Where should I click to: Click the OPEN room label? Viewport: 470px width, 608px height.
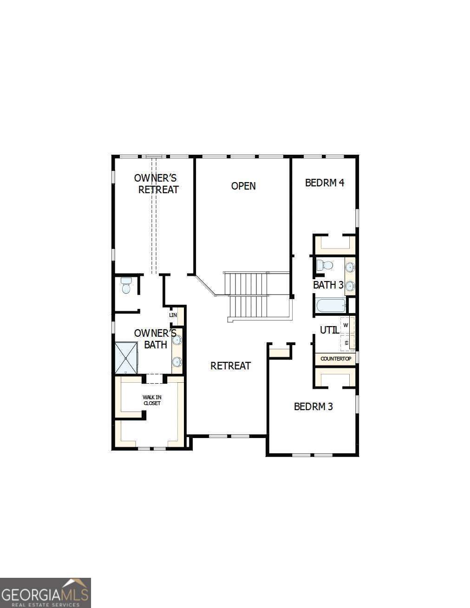click(x=243, y=186)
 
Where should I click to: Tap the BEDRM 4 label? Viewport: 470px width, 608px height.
click(x=324, y=183)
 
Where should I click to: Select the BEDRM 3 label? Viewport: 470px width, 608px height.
click(x=313, y=406)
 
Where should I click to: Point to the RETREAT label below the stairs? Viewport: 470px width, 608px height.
click(x=230, y=366)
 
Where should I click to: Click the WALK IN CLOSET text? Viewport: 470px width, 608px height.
click(x=152, y=400)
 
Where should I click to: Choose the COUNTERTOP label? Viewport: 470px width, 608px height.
click(x=335, y=359)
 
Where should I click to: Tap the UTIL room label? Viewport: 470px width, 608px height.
click(x=329, y=330)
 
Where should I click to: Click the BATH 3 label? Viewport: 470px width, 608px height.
click(x=328, y=285)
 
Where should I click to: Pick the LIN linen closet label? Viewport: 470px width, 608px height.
click(x=173, y=315)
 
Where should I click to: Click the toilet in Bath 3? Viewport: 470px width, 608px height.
click(x=325, y=266)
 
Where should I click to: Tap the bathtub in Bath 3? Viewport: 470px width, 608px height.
click(x=331, y=306)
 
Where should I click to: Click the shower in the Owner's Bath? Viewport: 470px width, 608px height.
click(x=126, y=358)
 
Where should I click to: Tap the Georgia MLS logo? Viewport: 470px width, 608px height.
click(x=45, y=593)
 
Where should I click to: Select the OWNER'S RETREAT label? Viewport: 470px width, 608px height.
click(x=157, y=183)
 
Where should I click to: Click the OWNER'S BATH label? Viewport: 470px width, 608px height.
click(x=155, y=339)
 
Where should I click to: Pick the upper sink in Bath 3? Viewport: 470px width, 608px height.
click(x=350, y=268)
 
